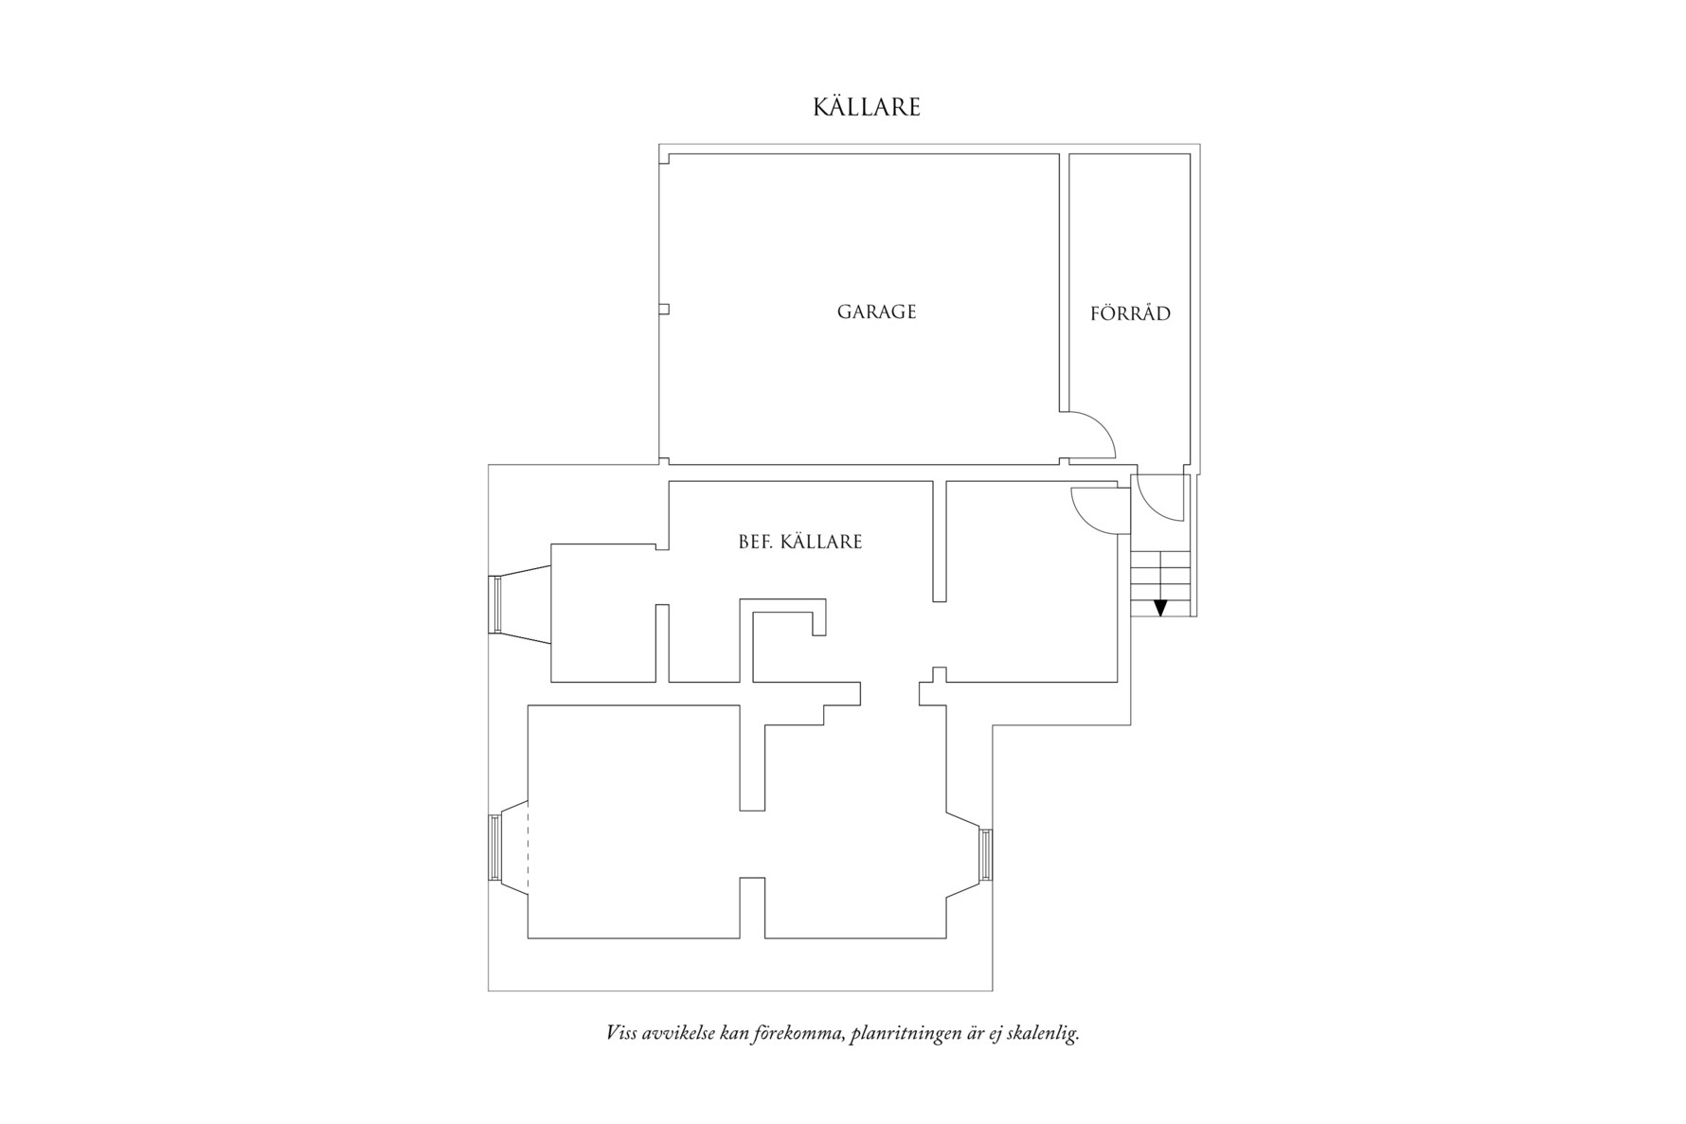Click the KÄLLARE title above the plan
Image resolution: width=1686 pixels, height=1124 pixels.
[x=867, y=106]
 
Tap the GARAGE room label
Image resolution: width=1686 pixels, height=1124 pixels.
[x=876, y=312]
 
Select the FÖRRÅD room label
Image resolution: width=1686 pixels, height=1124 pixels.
[x=1130, y=312]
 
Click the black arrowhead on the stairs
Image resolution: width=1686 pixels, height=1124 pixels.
[x=1160, y=608]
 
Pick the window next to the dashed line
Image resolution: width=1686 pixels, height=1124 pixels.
[x=493, y=847]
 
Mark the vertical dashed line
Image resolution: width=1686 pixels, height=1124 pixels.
[x=527, y=847]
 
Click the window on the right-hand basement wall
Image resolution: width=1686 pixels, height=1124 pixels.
[x=986, y=854]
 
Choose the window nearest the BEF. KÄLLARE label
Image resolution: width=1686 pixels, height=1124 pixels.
[x=493, y=604]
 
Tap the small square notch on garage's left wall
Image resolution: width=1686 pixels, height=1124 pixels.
[x=664, y=309]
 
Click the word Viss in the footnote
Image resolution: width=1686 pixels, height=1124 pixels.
[x=621, y=1032]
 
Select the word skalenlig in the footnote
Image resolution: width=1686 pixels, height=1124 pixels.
[x=1047, y=1033]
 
